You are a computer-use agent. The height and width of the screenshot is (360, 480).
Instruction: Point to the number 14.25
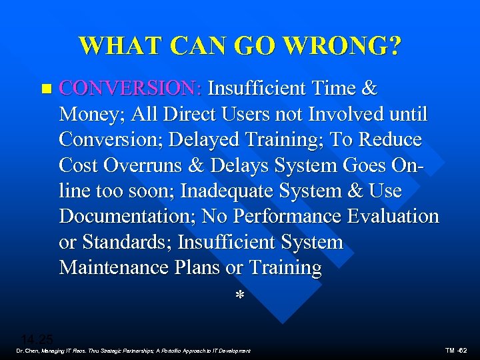pyautogui.click(x=37, y=338)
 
